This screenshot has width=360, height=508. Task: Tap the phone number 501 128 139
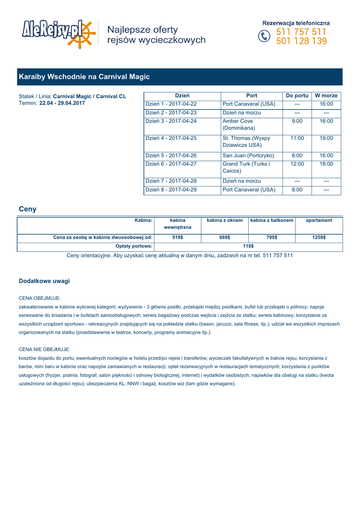301,41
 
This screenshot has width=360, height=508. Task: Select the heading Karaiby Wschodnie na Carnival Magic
84,77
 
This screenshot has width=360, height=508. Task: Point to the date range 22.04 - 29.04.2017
62,103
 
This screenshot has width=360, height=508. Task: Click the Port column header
252,96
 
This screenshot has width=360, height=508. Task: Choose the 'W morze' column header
326,96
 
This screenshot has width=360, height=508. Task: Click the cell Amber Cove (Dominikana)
238,125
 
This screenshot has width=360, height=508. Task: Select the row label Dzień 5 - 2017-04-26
171,156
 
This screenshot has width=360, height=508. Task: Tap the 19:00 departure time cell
326,138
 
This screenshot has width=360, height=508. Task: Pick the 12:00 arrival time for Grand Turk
297,164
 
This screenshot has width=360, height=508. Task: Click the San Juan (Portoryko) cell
248,156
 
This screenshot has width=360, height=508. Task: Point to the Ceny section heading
27,209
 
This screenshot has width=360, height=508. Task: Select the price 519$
177,238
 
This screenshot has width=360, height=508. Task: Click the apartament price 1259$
319,238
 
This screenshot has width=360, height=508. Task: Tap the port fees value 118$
248,246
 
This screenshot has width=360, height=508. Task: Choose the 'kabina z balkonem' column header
272,220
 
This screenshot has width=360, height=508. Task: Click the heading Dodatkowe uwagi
44,281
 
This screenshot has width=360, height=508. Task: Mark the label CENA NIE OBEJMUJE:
44,349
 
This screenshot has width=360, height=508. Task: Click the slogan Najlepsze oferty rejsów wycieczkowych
156,35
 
